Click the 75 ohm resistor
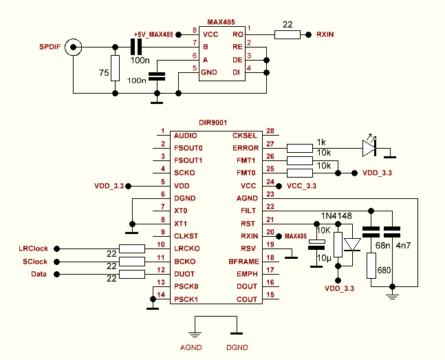click(114, 67)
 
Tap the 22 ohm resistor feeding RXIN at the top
click(288, 34)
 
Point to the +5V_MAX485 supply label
click(153, 34)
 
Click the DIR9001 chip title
click(214, 120)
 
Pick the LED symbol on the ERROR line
click(370, 146)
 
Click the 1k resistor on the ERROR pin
click(299, 147)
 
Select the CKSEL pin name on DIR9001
click(245, 136)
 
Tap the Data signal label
click(41, 275)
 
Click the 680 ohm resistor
click(371, 265)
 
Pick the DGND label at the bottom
click(238, 347)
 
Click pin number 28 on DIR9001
click(270, 131)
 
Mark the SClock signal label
click(34, 262)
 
